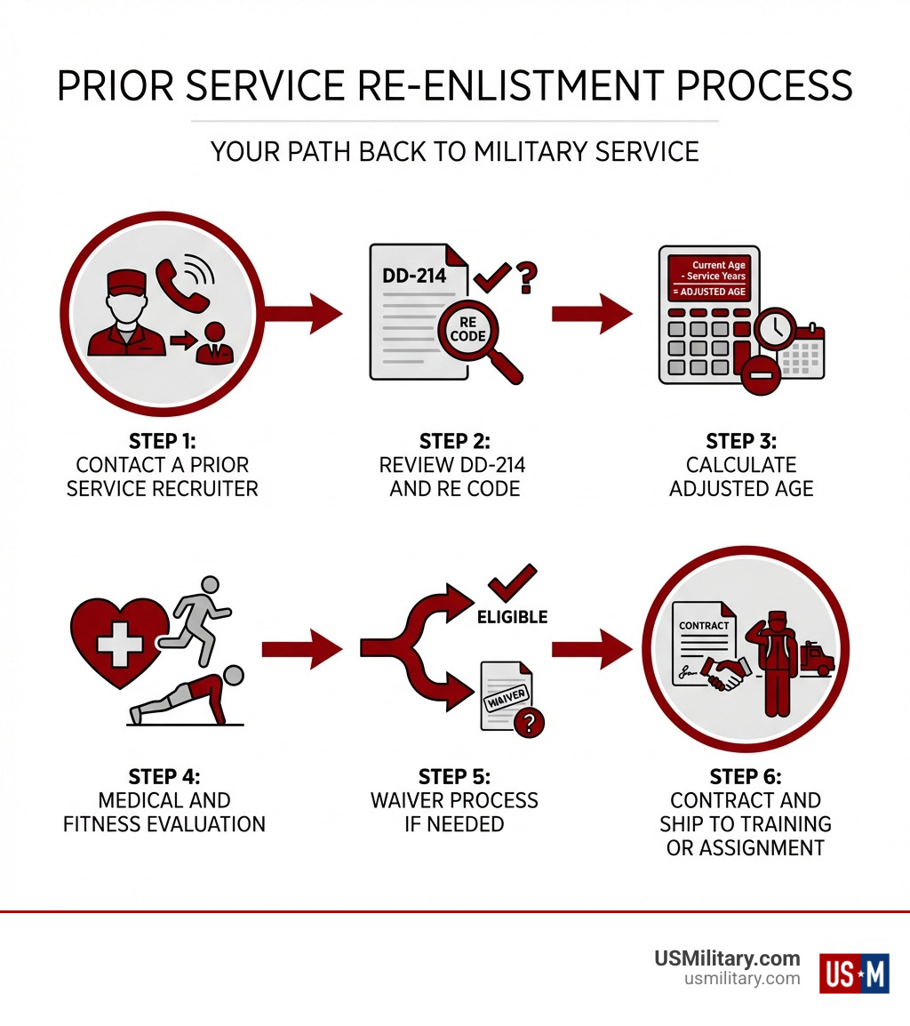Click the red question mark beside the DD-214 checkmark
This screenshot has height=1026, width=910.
tap(527, 277)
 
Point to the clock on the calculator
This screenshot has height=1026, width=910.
tap(775, 329)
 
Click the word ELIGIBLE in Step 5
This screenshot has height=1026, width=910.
tap(512, 616)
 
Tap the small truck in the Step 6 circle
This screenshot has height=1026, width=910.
tap(816, 660)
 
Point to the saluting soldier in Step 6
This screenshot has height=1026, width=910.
tap(775, 662)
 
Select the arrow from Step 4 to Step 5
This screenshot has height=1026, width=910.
tap(301, 648)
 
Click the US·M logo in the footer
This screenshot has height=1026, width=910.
tap(854, 973)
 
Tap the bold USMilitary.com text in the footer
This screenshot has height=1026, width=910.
tap(727, 958)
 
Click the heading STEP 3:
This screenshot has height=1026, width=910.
tap(741, 442)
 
